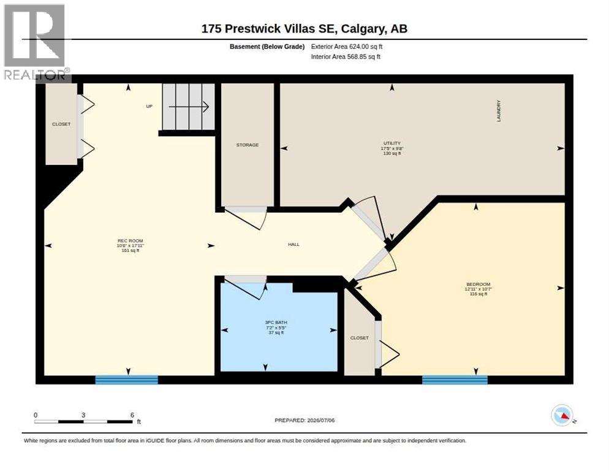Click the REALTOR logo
click(36, 42)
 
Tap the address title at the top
click(304, 29)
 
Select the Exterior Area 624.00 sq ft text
click(346, 47)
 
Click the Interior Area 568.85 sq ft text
click(346, 57)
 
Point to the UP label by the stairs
click(149, 106)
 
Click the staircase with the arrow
click(188, 107)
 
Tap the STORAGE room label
click(248, 145)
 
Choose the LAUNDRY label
click(499, 111)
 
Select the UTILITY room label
click(392, 143)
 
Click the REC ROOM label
click(130, 241)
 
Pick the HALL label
click(293, 244)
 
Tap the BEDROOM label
click(478, 285)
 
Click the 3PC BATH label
click(276, 323)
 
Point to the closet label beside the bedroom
click(359, 338)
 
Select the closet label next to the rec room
click(61, 124)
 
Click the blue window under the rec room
click(127, 380)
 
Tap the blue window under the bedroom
click(455, 380)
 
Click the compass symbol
click(562, 415)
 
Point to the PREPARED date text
click(304, 421)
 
